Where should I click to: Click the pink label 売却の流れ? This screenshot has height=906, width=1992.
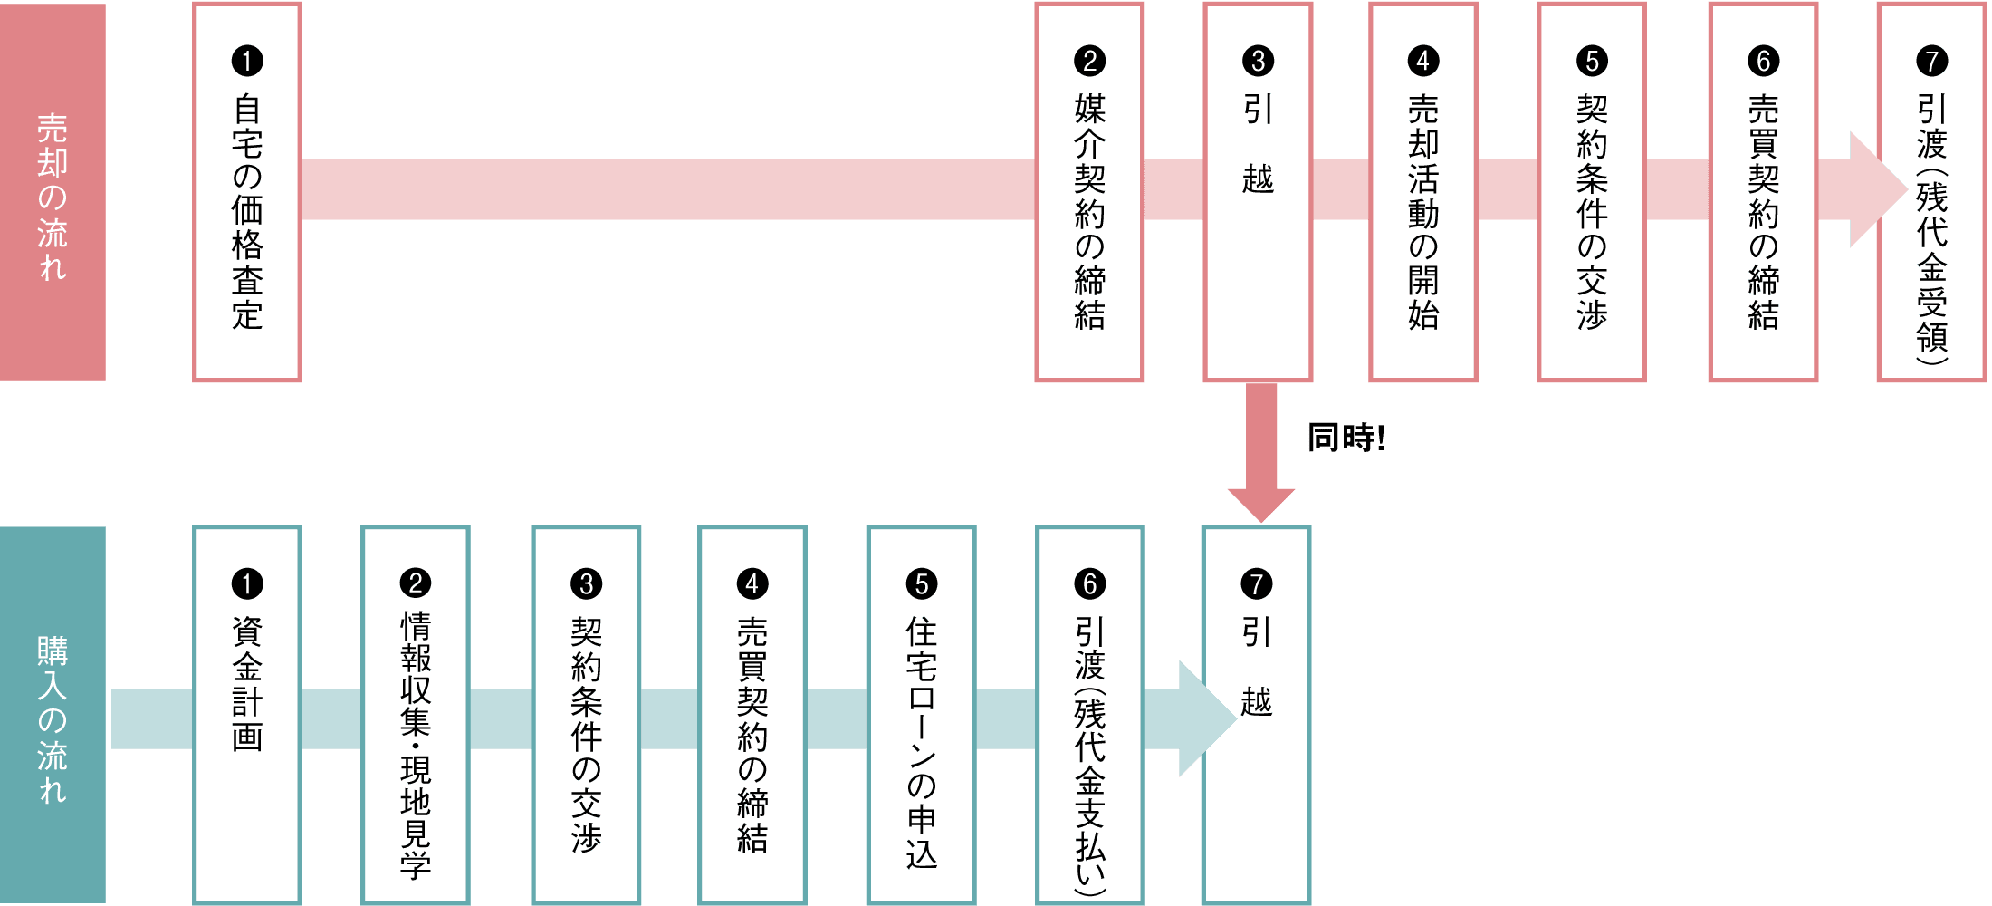click(53, 192)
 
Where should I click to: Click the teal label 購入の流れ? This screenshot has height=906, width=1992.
click(53, 716)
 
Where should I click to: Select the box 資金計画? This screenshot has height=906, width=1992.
click(247, 716)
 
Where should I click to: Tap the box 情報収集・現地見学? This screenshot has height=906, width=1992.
click(416, 716)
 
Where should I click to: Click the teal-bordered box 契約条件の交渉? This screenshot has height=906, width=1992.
click(586, 716)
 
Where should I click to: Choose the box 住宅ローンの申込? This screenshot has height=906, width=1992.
click(921, 716)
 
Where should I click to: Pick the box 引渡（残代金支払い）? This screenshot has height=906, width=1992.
click(1090, 716)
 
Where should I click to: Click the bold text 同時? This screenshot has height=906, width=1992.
click(1346, 439)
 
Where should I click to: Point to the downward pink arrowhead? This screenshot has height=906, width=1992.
click(1260, 504)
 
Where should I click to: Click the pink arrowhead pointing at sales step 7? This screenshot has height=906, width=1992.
click(1874, 190)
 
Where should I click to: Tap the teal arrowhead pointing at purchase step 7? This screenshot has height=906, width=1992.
click(1203, 718)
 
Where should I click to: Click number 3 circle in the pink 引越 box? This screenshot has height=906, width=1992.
click(1258, 61)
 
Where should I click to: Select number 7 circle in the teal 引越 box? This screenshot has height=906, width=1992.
click(1256, 583)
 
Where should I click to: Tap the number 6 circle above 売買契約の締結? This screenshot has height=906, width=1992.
click(1763, 61)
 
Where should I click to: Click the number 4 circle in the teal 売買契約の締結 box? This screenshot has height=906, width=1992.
click(752, 583)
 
